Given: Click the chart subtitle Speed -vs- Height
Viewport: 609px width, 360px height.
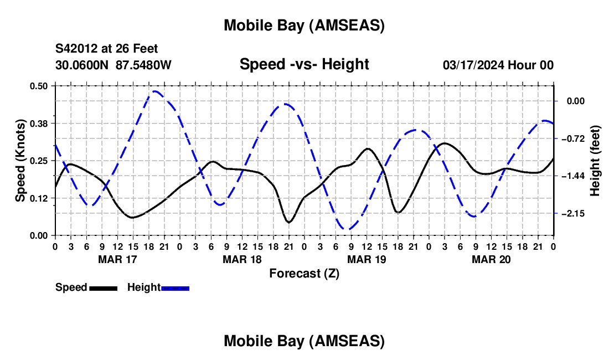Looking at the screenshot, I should pyautogui.click(x=304, y=64).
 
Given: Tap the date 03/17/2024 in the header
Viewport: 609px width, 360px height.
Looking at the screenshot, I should pyautogui.click(x=474, y=65).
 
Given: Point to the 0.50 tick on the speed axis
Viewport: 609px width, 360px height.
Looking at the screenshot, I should pyautogui.click(x=39, y=86).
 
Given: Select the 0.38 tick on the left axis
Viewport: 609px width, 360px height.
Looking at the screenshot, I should pyautogui.click(x=39, y=123).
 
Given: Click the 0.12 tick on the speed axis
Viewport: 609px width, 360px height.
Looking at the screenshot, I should pyautogui.click(x=39, y=198).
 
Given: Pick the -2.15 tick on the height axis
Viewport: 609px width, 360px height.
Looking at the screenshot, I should pyautogui.click(x=574, y=214).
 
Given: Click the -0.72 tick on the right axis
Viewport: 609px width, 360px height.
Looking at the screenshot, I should pyautogui.click(x=574, y=138).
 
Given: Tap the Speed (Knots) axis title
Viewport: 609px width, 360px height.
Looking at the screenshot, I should pyautogui.click(x=20, y=161).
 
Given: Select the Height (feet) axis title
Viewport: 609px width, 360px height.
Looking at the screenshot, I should pyautogui.click(x=596, y=161).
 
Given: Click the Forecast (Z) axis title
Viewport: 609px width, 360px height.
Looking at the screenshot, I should pyautogui.click(x=304, y=273).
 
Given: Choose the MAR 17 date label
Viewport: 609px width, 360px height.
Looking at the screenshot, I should pyautogui.click(x=117, y=259).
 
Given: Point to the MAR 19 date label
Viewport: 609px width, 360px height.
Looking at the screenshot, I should pyautogui.click(x=367, y=259).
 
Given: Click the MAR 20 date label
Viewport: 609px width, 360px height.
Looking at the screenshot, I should pyautogui.click(x=491, y=259).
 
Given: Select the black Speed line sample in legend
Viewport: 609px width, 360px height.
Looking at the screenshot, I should pyautogui.click(x=103, y=287).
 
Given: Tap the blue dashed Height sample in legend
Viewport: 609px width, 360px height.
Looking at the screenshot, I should pyautogui.click(x=175, y=287).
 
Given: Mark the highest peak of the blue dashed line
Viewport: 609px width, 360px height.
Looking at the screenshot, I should pyautogui.click(x=155, y=91).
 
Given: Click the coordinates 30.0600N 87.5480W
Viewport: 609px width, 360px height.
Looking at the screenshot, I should pyautogui.click(x=113, y=65).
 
